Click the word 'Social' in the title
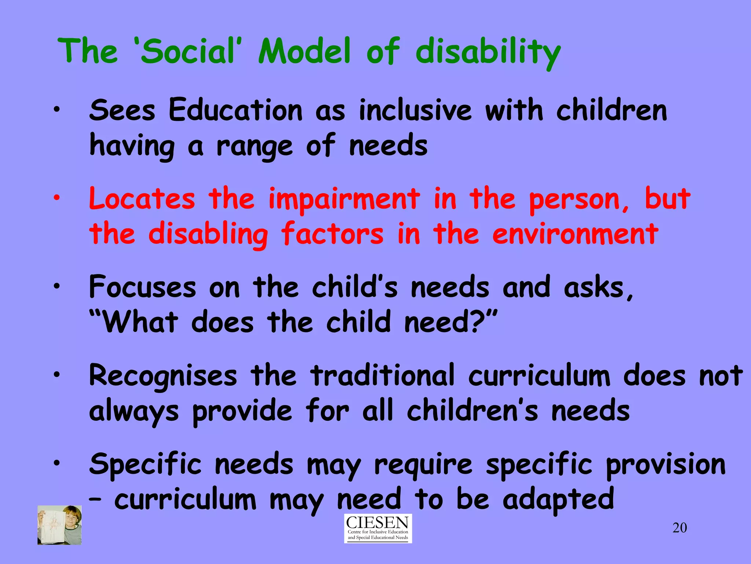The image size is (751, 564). (187, 51)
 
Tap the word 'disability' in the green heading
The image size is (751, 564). (488, 53)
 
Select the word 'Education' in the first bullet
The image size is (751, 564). (235, 110)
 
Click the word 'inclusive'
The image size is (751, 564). (415, 110)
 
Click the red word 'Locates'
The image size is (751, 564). (142, 199)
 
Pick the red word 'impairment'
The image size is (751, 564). (344, 199)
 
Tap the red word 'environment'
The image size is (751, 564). (575, 234)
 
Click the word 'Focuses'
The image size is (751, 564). (143, 287)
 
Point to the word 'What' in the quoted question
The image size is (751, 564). (140, 322)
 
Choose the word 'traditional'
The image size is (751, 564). (382, 375)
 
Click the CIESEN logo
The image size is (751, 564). (378, 528)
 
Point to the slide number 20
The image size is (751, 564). (679, 528)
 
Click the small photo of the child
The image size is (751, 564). (59, 525)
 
